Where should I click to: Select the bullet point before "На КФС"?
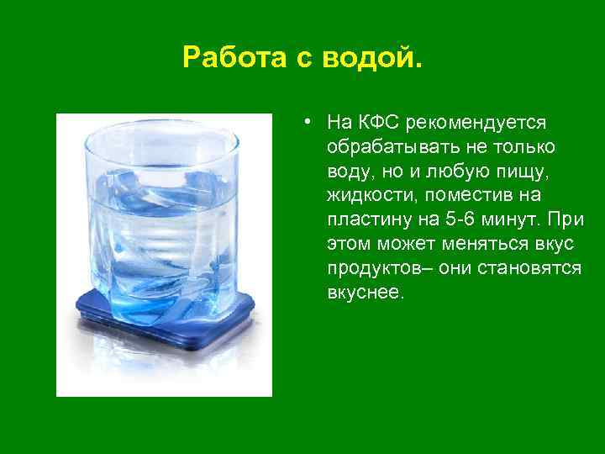310,123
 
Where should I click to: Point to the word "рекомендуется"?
476,123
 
